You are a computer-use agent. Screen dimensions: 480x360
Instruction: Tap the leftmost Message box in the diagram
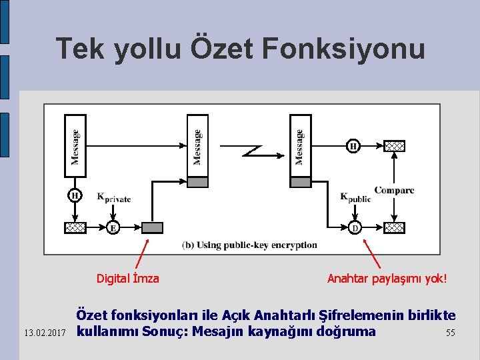click(x=75, y=146)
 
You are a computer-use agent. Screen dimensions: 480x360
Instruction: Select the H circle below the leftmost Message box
click(x=75, y=196)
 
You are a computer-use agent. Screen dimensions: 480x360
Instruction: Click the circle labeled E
click(x=113, y=228)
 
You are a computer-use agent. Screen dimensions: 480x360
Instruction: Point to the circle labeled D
click(x=355, y=228)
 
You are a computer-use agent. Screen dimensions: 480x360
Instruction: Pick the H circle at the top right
click(x=353, y=146)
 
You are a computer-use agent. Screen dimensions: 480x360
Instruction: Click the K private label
click(x=114, y=197)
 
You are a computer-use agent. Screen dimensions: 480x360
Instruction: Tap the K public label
click(x=355, y=197)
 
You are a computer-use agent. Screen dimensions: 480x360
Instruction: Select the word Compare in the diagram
click(x=394, y=190)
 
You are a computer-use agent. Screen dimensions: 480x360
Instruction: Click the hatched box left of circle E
click(x=75, y=228)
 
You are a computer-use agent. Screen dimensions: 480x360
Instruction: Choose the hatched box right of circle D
click(x=395, y=228)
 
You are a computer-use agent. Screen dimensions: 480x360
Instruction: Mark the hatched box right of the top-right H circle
click(x=395, y=146)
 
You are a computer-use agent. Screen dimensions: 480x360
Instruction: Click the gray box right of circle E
click(x=153, y=228)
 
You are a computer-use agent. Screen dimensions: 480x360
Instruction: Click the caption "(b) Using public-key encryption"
click(x=249, y=245)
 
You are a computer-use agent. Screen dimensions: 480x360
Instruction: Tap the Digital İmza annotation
click(x=128, y=279)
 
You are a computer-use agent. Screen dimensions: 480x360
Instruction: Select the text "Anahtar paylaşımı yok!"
click(x=387, y=279)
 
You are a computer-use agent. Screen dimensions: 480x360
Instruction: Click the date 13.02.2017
click(x=44, y=332)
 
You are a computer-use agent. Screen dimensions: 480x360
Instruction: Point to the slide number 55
click(x=451, y=332)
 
